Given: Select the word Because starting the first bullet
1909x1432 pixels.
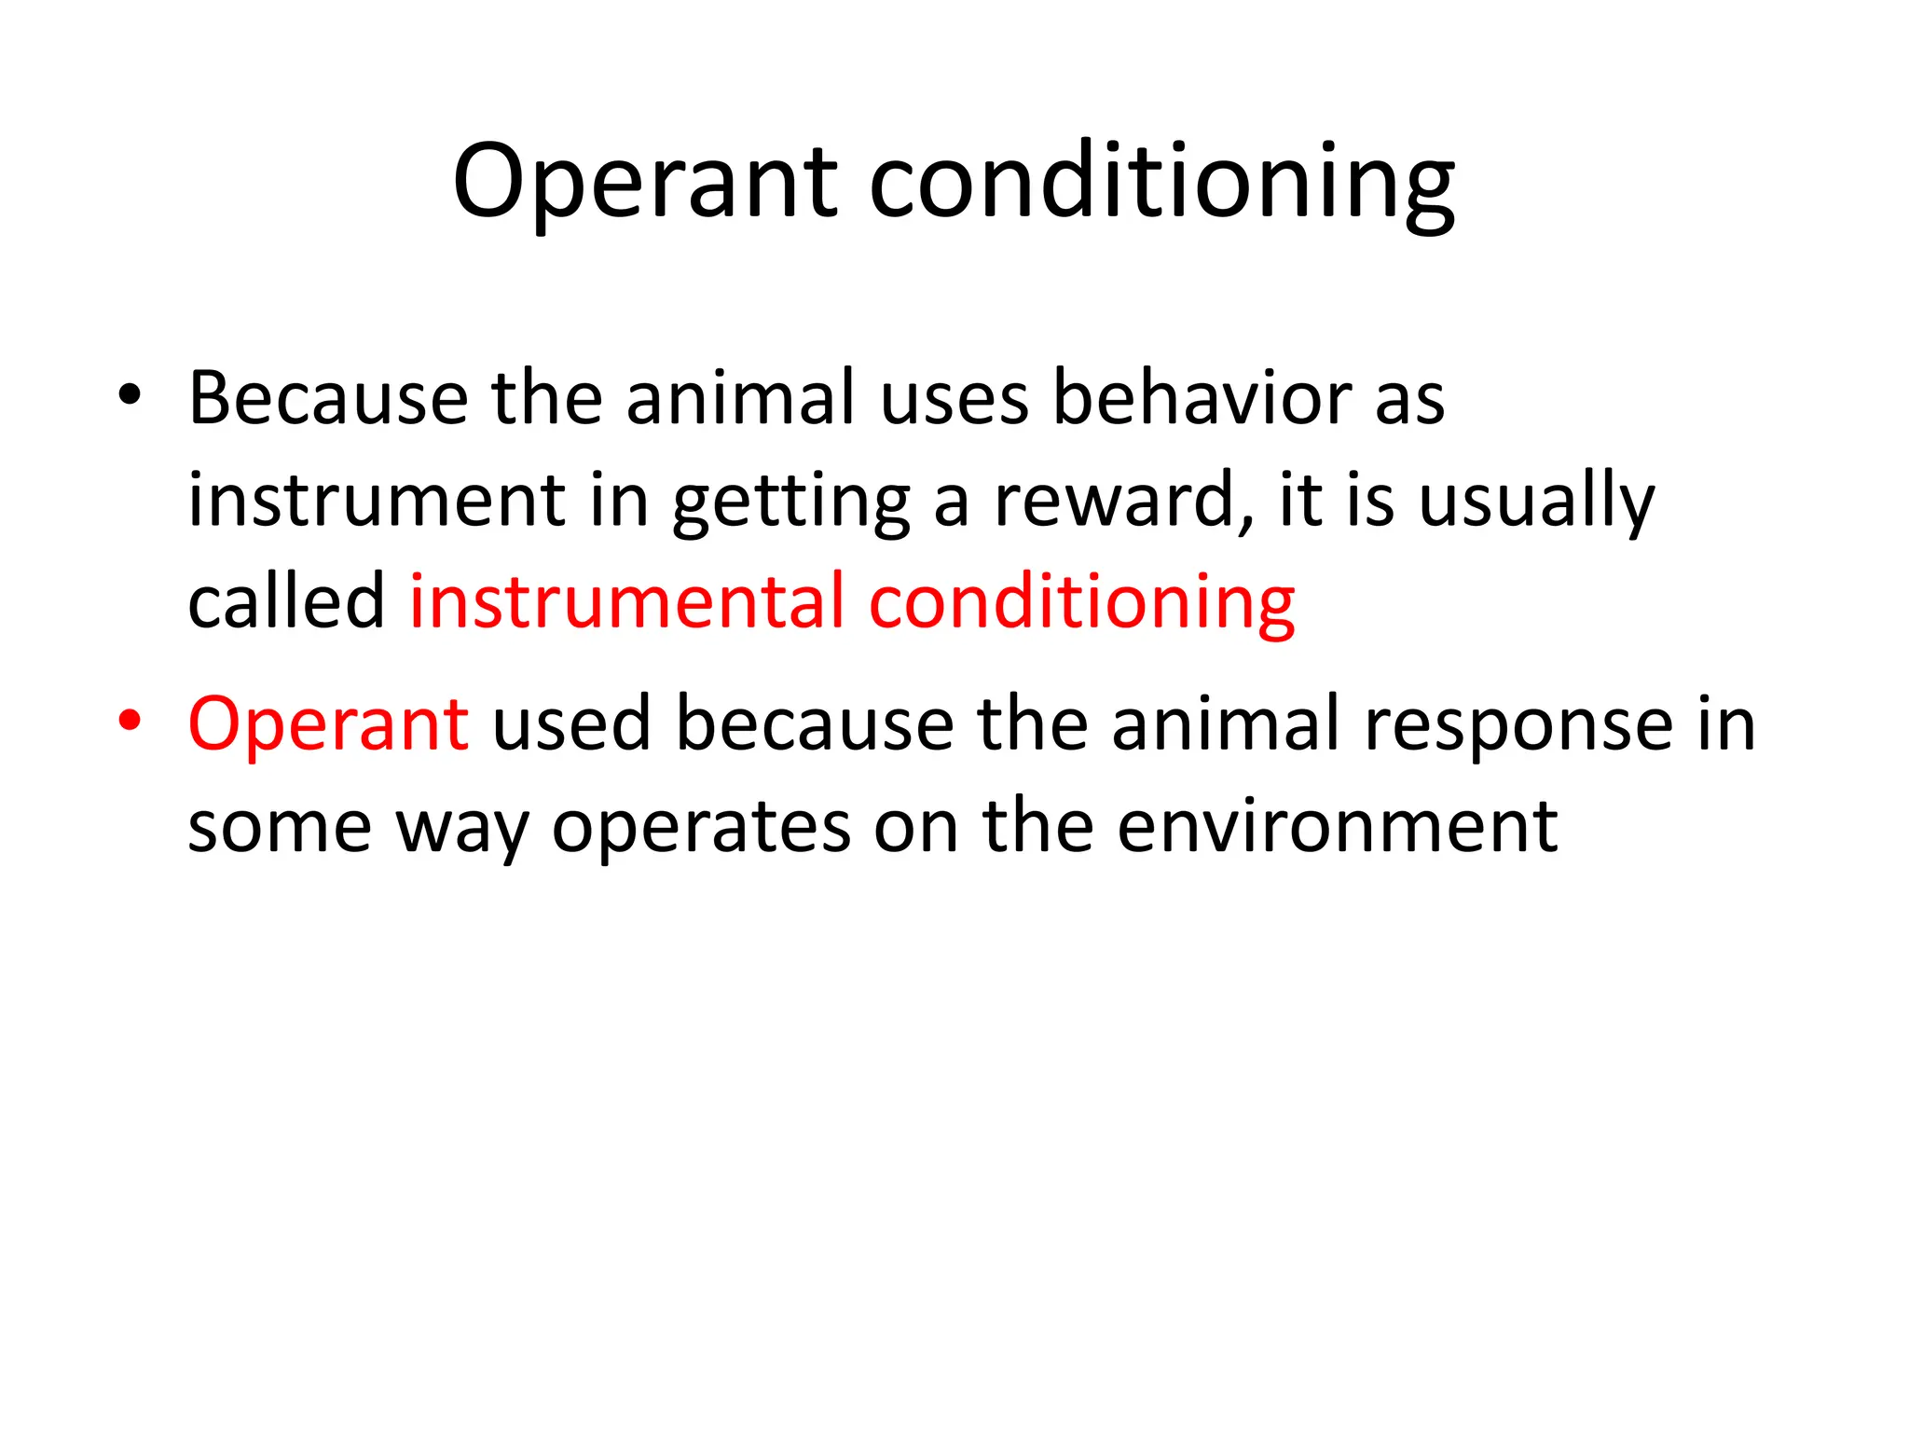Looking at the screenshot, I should point(327,398).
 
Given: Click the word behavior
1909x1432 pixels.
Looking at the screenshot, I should point(1202,398).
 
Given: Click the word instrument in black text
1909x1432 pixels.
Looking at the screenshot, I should point(377,501).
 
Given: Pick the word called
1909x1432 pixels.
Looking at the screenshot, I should point(286,601).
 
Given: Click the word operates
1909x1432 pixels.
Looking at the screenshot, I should point(701,828).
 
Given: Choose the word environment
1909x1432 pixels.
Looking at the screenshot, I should point(1337,826).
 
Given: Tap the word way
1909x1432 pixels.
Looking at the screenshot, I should point(462,828).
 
